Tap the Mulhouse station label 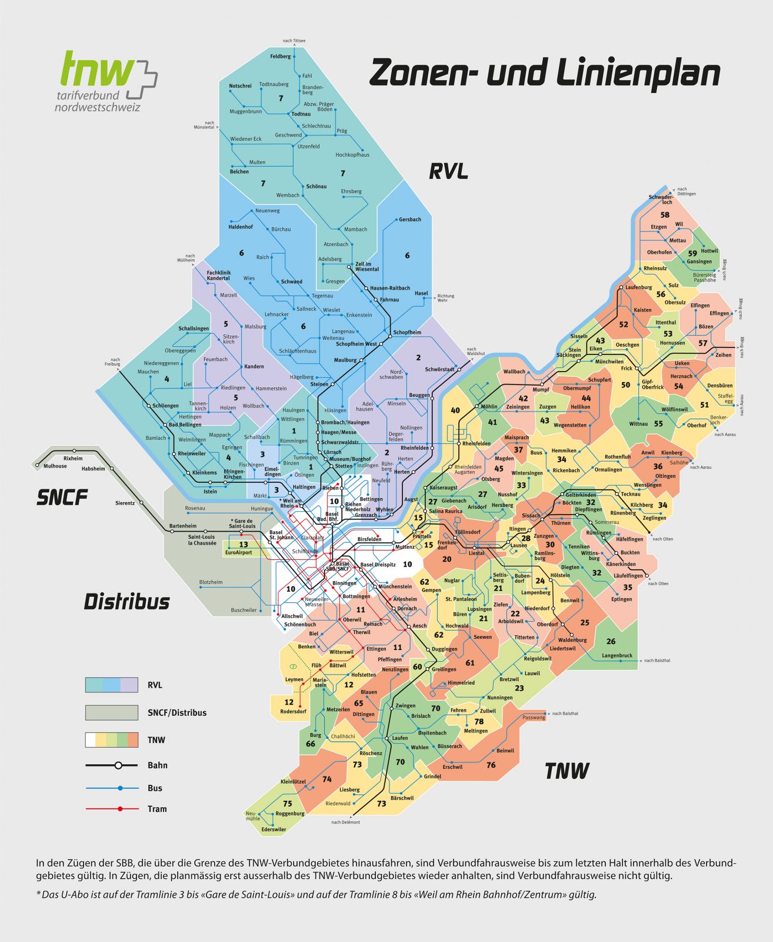[x=55, y=466]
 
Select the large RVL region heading [x=448, y=171]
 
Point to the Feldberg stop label [x=280, y=57]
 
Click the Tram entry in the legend [x=157, y=809]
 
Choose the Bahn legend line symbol [x=112, y=765]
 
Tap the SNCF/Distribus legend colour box [x=112, y=712]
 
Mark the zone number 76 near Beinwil [x=491, y=765]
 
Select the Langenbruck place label [x=617, y=655]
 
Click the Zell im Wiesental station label [x=367, y=266]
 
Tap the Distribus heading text [x=126, y=602]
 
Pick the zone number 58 [x=665, y=215]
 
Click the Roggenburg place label [x=290, y=814]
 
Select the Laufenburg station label [x=638, y=287]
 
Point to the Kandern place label [x=254, y=366]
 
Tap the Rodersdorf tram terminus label [x=293, y=711]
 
